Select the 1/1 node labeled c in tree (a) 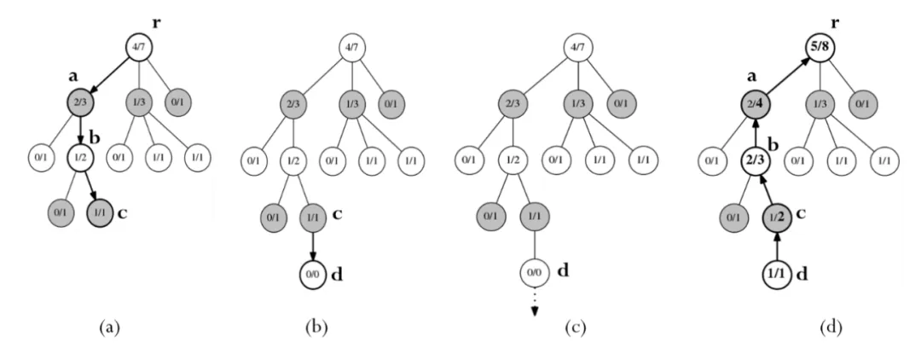coord(101,211)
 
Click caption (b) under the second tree coord(315,328)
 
